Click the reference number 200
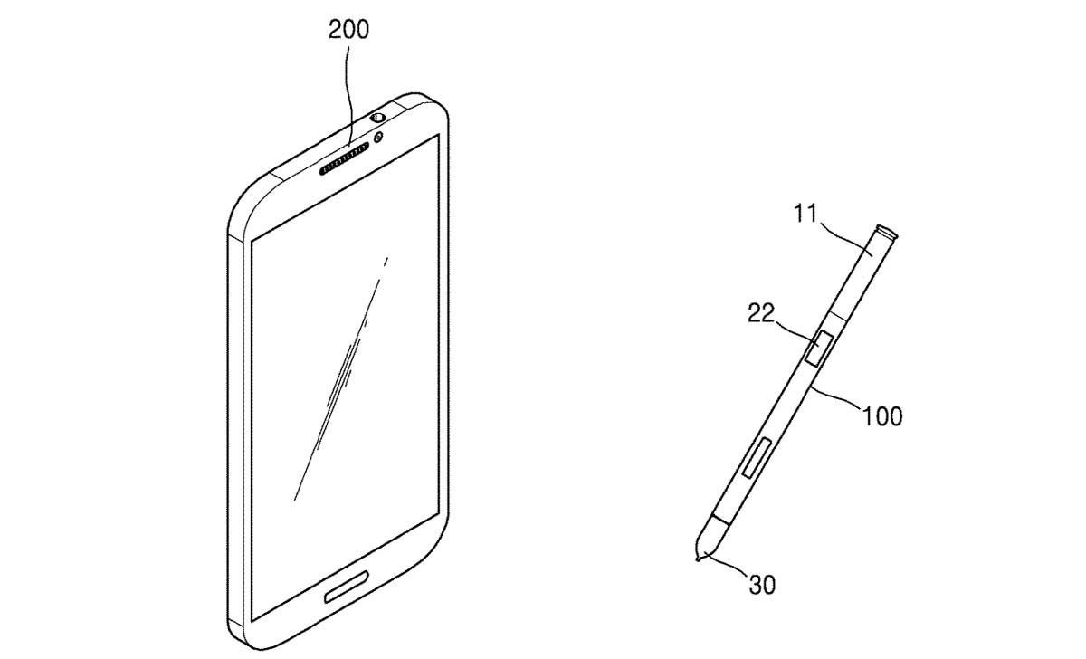click(348, 30)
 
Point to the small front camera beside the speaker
click(379, 137)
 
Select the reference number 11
click(806, 215)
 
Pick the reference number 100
click(883, 415)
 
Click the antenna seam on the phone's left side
click(233, 238)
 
